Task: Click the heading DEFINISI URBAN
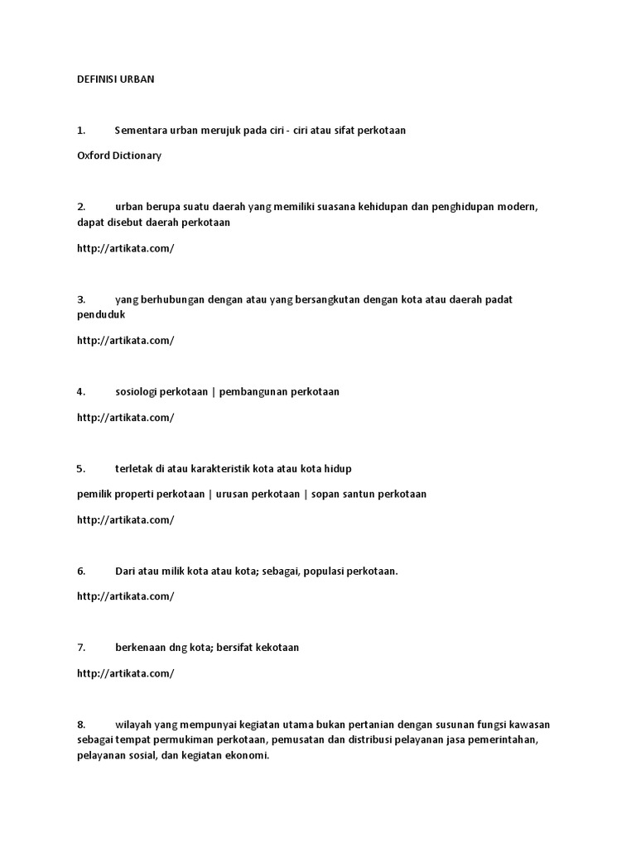115,79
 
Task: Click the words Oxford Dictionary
118,156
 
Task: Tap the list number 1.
80,131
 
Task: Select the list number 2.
80,207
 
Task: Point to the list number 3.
80,299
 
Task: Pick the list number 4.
80,392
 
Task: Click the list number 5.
80,469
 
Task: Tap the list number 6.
80,571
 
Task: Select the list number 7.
80,648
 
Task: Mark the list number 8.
80,725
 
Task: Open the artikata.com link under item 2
125,248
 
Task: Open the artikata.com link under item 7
125,673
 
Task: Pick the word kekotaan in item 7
276,648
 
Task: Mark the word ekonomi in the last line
248,756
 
